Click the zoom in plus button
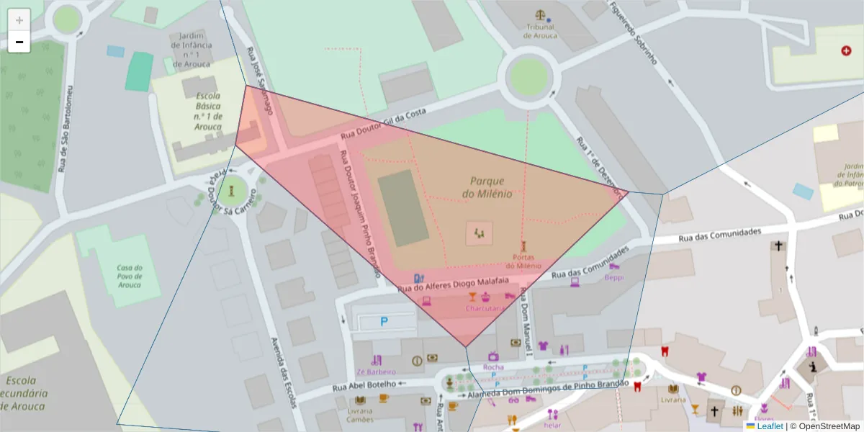click(19, 19)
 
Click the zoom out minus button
click(19, 42)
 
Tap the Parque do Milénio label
click(487, 187)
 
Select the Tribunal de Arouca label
click(539, 31)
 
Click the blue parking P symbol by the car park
click(384, 323)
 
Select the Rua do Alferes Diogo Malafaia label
click(454, 284)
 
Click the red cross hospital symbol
click(846, 50)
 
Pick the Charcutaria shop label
click(485, 308)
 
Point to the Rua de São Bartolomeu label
click(66, 130)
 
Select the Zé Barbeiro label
click(376, 372)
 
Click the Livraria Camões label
click(360, 414)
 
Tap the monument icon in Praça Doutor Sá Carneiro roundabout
click(231, 191)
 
